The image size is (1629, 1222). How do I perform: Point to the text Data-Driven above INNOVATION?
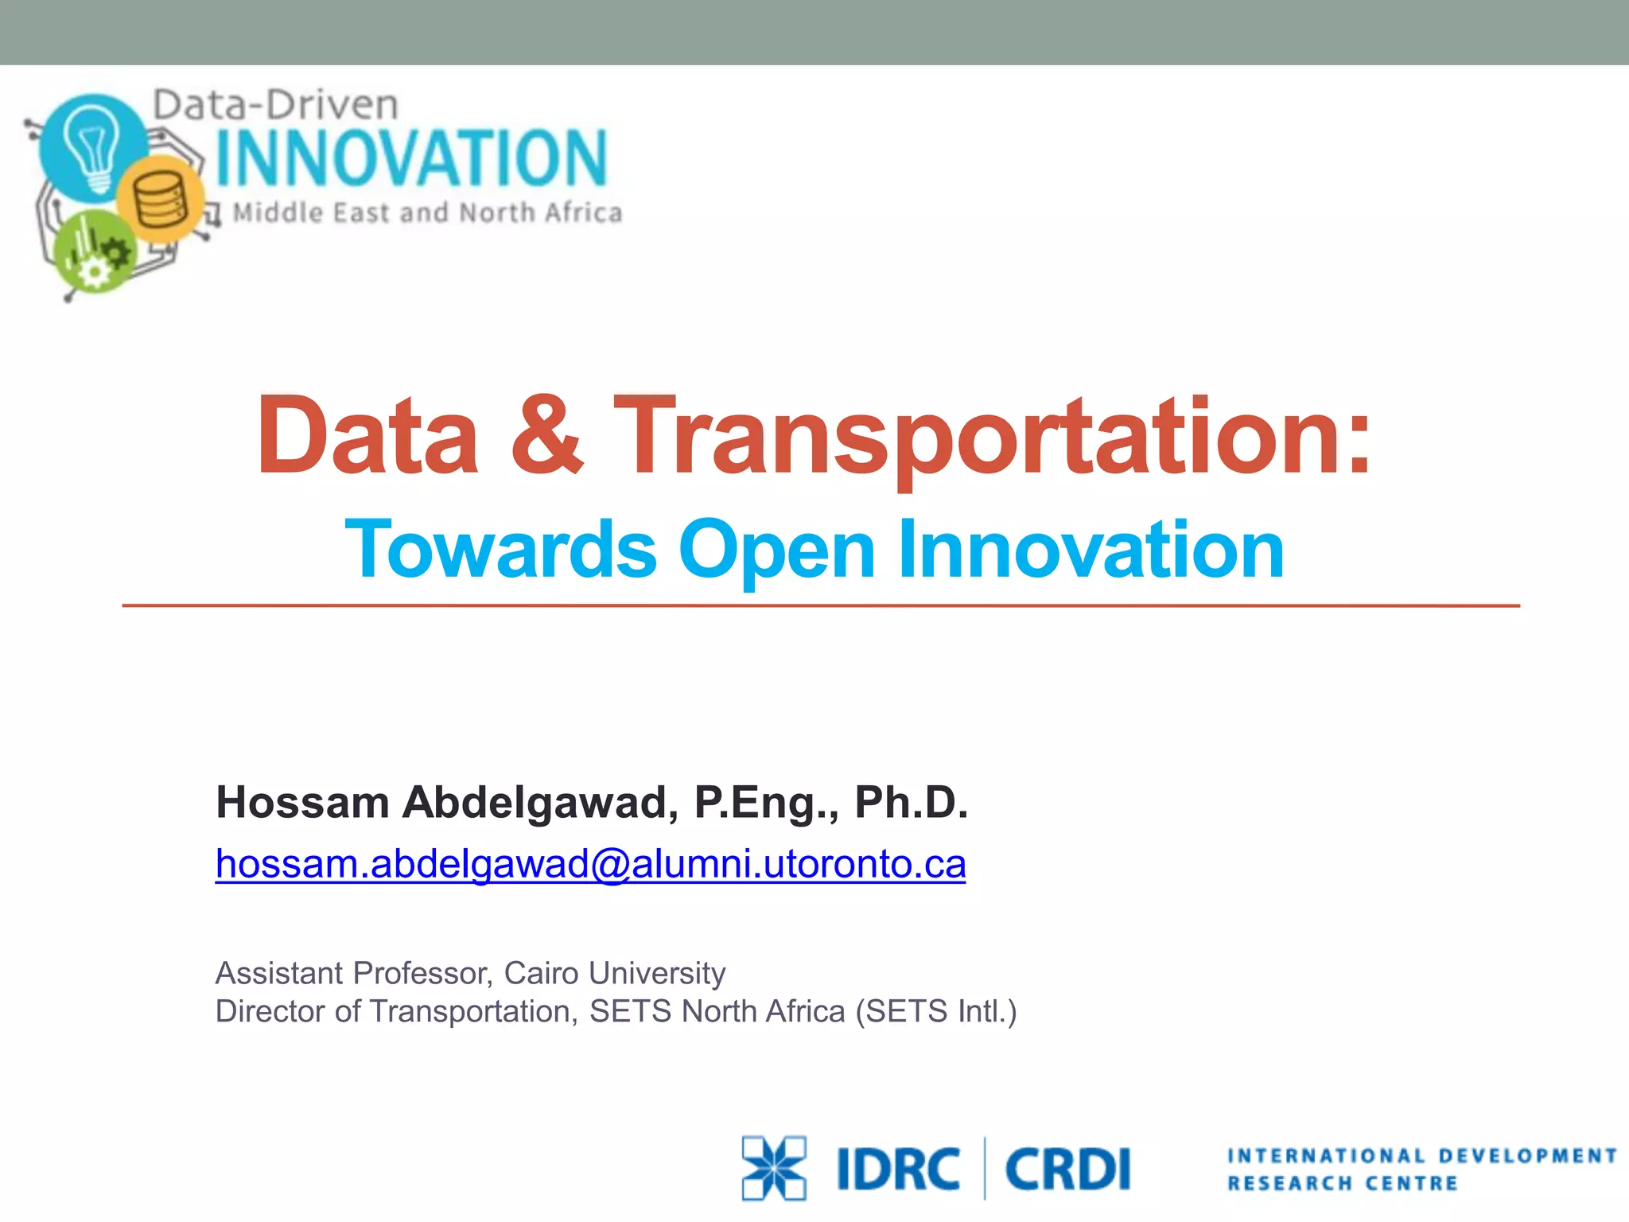(x=275, y=105)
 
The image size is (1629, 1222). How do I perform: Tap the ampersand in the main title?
(x=546, y=436)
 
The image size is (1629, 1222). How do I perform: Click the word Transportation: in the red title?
(x=993, y=436)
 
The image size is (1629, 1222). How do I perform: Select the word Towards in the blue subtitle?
(x=501, y=549)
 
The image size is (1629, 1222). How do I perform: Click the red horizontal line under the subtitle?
(x=819, y=606)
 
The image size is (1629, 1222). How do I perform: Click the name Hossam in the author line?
(x=302, y=802)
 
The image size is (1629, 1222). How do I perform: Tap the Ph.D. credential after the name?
(x=912, y=802)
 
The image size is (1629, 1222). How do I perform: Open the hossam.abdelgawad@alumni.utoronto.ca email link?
(x=590, y=864)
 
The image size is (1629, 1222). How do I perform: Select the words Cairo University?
(x=614, y=973)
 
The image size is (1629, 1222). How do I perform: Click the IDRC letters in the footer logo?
(x=898, y=1169)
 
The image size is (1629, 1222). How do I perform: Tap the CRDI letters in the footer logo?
(x=1067, y=1169)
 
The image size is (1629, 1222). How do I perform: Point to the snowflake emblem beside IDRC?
(x=773, y=1167)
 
